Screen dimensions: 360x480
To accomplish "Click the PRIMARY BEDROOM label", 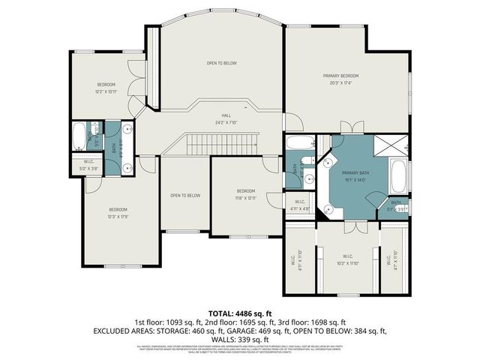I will click(340, 76).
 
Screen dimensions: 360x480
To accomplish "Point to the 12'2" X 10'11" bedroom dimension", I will click(106, 91).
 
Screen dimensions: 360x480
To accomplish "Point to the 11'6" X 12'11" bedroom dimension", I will click(247, 198).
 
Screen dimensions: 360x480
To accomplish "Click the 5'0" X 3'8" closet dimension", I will click(88, 168).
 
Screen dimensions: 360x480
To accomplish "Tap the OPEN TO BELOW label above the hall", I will click(222, 63).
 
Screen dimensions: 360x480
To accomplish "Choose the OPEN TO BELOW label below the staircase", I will click(185, 196).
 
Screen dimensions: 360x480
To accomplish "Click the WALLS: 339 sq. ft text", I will click(240, 340).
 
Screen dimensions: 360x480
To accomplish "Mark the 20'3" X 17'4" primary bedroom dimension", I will click(340, 82).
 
